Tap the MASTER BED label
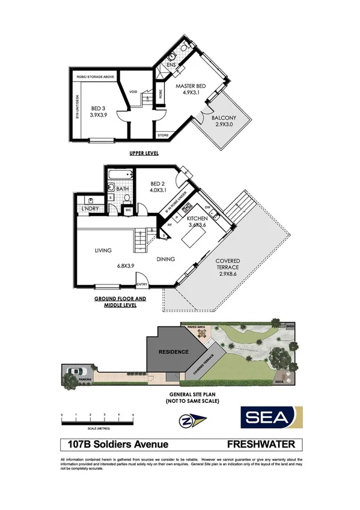[191, 87]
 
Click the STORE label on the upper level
[163, 135]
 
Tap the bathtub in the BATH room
[119, 176]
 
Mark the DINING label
[166, 259]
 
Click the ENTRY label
[142, 284]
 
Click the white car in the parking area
[75, 371]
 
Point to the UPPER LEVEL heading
[144, 154]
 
